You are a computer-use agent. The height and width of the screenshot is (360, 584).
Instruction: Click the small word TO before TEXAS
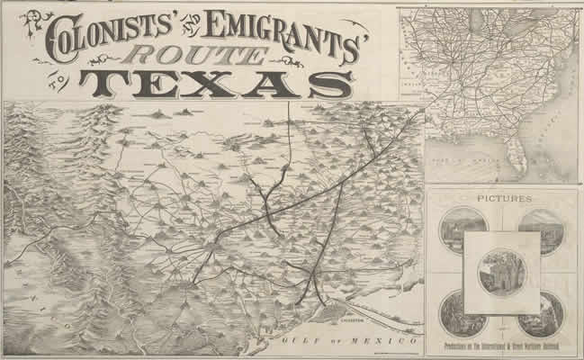pyautogui.click(x=63, y=79)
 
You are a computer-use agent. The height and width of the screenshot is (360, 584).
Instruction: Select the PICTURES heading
pyautogui.click(x=502, y=197)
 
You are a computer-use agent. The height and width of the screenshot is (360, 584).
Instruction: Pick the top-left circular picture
pyautogui.click(x=463, y=230)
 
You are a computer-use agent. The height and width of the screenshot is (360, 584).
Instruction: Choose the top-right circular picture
pyautogui.click(x=541, y=230)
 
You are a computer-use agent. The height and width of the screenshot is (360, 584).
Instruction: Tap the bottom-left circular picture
pyautogui.click(x=463, y=314)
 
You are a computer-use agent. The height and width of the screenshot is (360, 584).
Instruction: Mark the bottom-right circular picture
pyautogui.click(x=541, y=314)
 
